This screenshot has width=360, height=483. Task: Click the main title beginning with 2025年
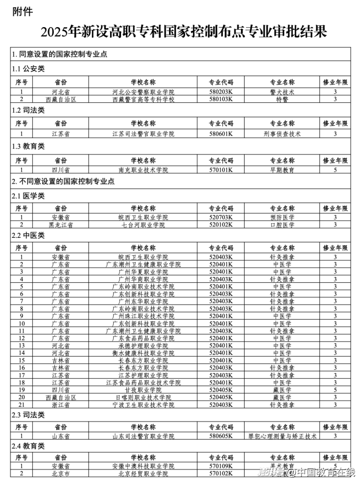179,32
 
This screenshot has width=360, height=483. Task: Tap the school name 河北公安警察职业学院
143,92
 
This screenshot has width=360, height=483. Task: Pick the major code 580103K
221,99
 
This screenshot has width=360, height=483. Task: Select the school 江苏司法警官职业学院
143,134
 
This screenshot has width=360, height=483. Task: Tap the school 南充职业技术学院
143,170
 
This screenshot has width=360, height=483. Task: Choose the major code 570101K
221,170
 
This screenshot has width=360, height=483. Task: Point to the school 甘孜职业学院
143,390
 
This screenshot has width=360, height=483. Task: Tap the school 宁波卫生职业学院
143,404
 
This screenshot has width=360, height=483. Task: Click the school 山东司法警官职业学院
143,436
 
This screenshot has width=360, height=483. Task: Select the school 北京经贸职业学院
143,474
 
